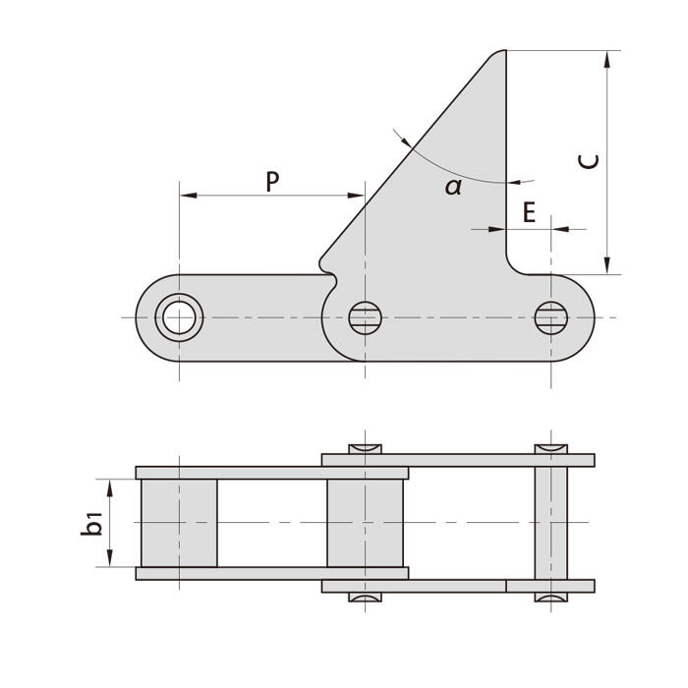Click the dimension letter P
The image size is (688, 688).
click(x=272, y=181)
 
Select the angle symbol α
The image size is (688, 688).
click(x=453, y=187)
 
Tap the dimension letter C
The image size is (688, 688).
click(x=588, y=160)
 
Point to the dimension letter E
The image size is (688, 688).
click(x=529, y=212)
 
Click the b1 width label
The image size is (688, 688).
click(x=92, y=523)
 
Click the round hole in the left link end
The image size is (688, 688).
click(x=179, y=317)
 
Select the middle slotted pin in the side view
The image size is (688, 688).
click(x=365, y=317)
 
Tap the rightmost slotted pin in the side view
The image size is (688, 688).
click(x=550, y=317)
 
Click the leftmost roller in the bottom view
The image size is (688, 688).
click(x=179, y=523)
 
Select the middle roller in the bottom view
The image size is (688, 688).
click(x=365, y=523)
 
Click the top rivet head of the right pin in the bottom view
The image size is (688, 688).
click(x=550, y=449)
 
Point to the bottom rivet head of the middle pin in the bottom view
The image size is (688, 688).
click(x=365, y=597)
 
